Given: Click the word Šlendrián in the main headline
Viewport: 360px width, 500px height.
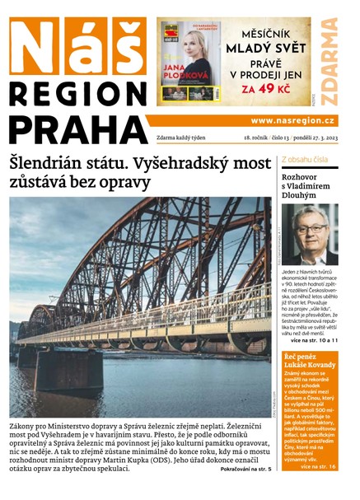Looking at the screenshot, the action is pos(64,163).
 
